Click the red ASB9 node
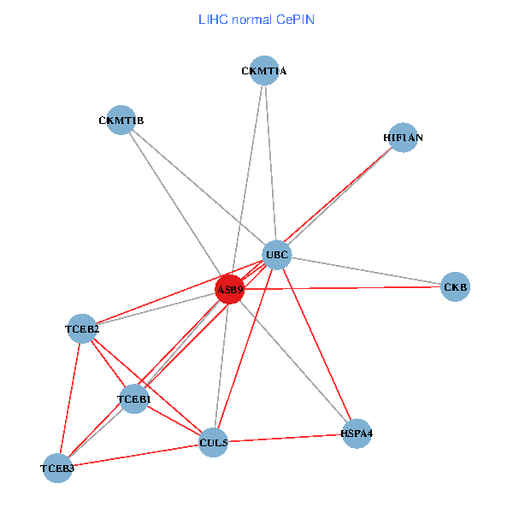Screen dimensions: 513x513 tap(230, 289)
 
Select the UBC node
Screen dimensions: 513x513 tap(277, 255)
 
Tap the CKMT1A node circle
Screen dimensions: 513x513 tap(263, 71)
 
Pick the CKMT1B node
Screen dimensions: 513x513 tap(121, 121)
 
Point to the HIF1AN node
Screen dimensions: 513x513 tap(403, 137)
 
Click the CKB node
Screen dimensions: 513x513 tap(455, 287)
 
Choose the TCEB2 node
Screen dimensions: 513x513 tap(82, 329)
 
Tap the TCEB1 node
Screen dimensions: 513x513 tap(134, 399)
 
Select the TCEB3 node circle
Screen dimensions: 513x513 tap(58, 468)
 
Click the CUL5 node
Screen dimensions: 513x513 tap(213, 442)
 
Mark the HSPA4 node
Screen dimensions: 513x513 tap(357, 433)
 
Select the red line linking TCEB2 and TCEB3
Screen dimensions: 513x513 tap(70, 398)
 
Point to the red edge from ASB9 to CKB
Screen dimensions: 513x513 tap(342, 288)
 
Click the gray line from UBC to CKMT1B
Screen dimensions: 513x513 tap(199, 188)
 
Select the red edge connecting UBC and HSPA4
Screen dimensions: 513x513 tap(316, 344)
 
